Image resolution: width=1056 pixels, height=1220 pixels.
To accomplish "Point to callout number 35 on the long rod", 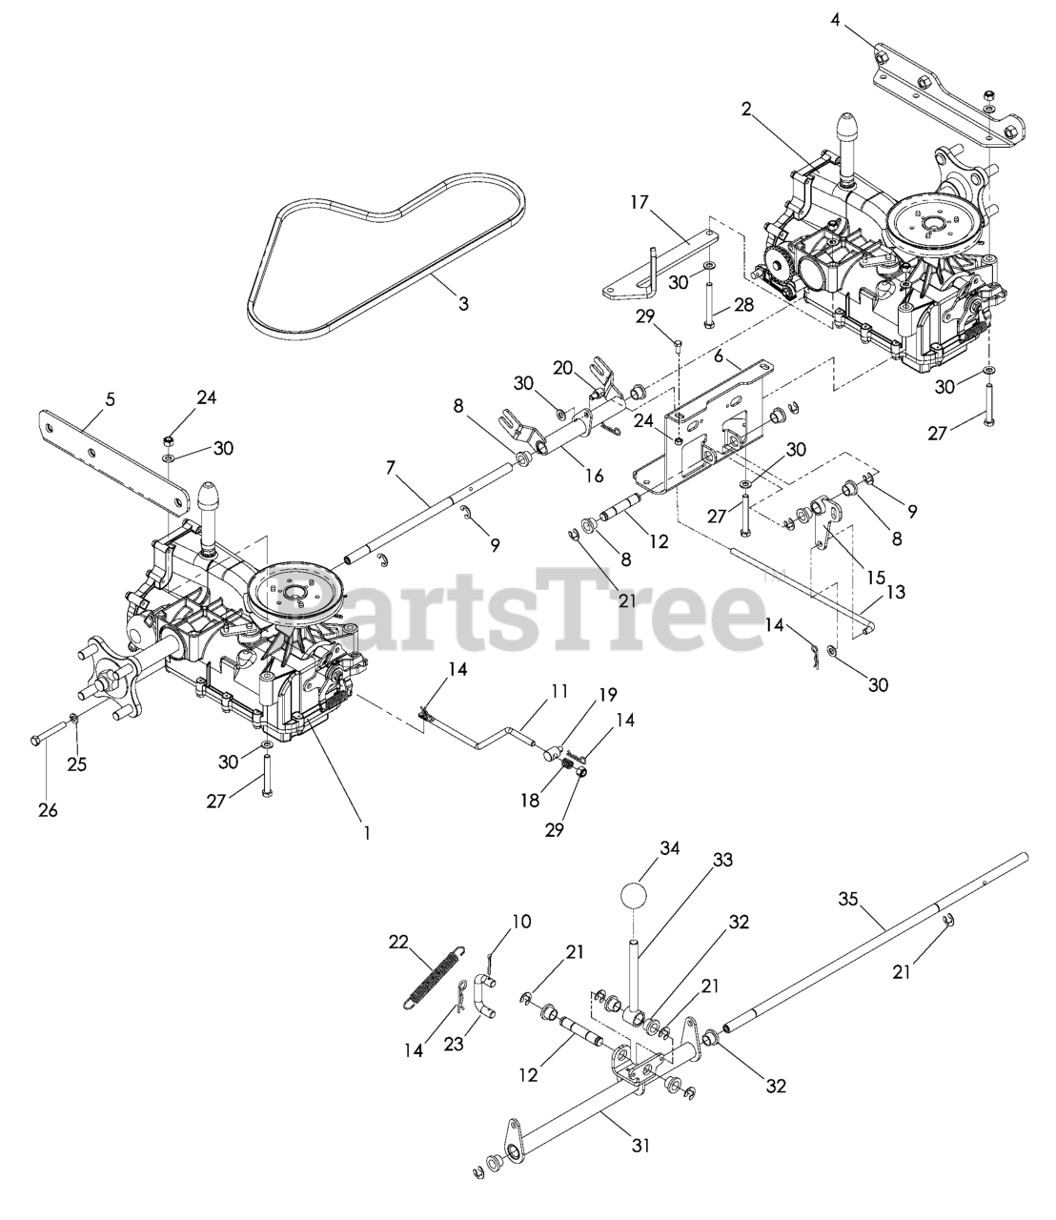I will pyautogui.click(x=849, y=898).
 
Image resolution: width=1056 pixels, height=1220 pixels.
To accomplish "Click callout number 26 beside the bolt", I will pyautogui.click(x=48, y=810).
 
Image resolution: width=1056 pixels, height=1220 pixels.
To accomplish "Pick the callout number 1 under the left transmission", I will pyautogui.click(x=366, y=831).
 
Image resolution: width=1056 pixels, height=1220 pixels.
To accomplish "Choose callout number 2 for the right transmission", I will pyautogui.click(x=748, y=110).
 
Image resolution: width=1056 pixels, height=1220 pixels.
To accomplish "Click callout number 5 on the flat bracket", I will pyautogui.click(x=111, y=399).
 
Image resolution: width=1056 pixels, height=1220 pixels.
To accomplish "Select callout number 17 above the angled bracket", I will pyautogui.click(x=639, y=202).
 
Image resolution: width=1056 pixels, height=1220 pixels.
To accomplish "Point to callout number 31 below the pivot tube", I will pyautogui.click(x=640, y=1146).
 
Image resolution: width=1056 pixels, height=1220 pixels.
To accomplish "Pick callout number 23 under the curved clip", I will pyautogui.click(x=454, y=1044).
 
